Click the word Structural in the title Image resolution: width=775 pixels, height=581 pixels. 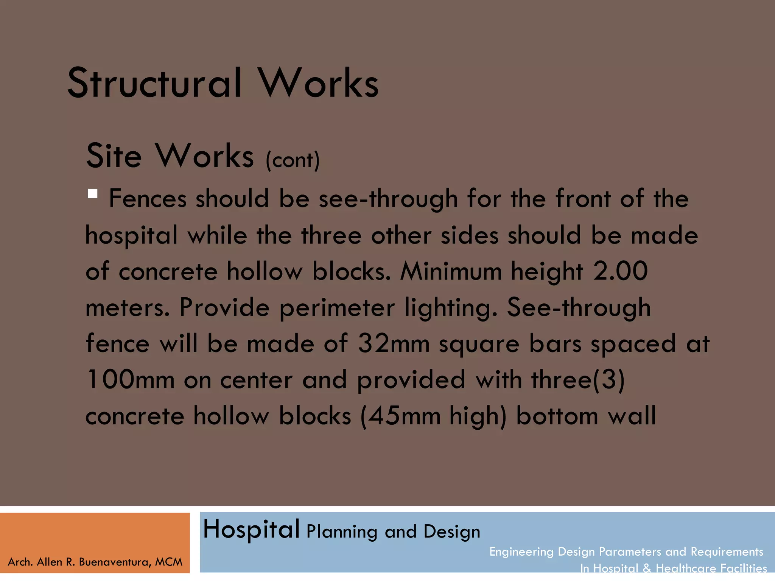(154, 83)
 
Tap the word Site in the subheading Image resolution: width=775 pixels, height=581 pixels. (114, 156)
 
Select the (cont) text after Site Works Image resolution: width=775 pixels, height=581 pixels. (293, 160)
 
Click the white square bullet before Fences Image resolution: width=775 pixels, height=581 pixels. (92, 194)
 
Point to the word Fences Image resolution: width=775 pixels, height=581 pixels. (148, 198)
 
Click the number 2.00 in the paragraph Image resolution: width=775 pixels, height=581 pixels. (620, 271)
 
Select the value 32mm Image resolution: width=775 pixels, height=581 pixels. (394, 343)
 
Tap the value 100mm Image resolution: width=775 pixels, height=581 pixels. (130, 380)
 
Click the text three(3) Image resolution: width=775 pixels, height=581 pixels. (578, 380)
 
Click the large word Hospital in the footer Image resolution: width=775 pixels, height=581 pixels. (251, 530)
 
